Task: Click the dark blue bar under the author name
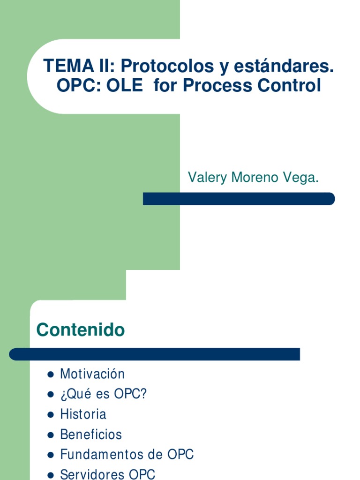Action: point(239,199)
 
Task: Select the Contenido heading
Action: point(81,330)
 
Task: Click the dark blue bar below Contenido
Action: point(154,354)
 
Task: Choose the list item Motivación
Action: point(92,374)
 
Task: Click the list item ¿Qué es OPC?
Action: point(104,394)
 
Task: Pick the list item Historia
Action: point(83,414)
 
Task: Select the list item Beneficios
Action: point(91,435)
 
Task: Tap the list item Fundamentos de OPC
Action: point(127,455)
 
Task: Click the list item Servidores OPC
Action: point(107,474)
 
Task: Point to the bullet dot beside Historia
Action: point(50,415)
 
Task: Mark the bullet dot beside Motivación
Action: point(50,375)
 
